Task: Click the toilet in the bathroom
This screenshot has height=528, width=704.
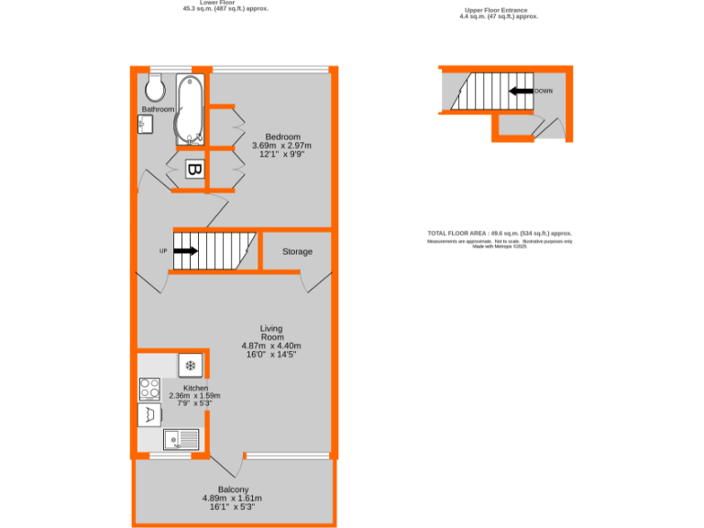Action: tap(154, 88)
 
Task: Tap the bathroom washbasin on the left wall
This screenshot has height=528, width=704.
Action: tap(145, 126)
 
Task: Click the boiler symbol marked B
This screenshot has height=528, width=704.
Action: tap(194, 170)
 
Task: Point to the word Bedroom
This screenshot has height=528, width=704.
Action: tap(282, 137)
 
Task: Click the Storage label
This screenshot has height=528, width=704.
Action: tap(297, 251)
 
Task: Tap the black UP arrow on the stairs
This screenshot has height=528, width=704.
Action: tap(184, 250)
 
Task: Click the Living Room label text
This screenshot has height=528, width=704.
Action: tap(271, 333)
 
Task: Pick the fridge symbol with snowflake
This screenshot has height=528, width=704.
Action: tap(191, 366)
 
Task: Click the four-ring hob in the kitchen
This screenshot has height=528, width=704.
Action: tap(148, 389)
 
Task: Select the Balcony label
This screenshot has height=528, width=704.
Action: tap(233, 489)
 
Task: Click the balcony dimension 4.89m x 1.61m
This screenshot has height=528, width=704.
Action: tap(233, 499)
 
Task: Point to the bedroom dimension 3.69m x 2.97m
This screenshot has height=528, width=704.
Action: tap(282, 146)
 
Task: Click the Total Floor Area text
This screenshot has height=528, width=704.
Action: tap(500, 234)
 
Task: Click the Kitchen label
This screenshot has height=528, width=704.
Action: tap(196, 388)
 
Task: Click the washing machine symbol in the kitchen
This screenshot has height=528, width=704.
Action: tap(148, 415)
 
